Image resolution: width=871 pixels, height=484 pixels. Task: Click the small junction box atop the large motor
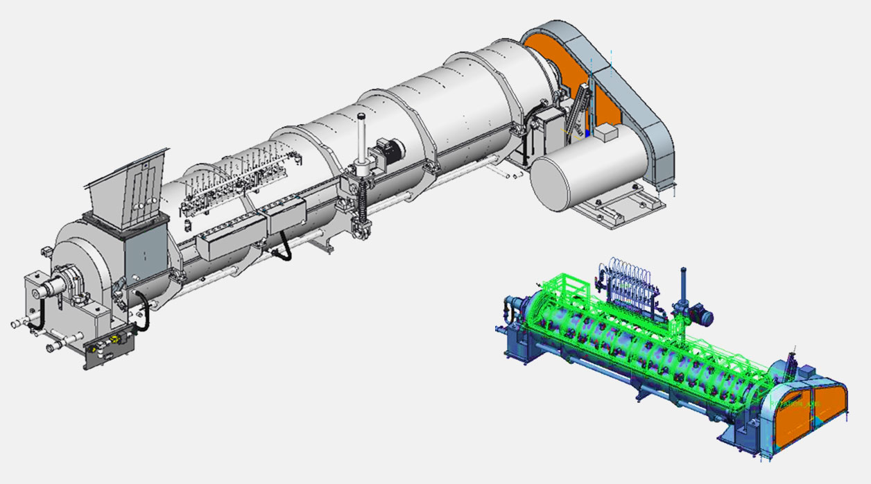pyautogui.click(x=605, y=132)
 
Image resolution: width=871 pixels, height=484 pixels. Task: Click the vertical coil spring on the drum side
pyautogui.click(x=361, y=202)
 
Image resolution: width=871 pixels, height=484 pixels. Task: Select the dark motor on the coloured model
pyautogui.click(x=702, y=316)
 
